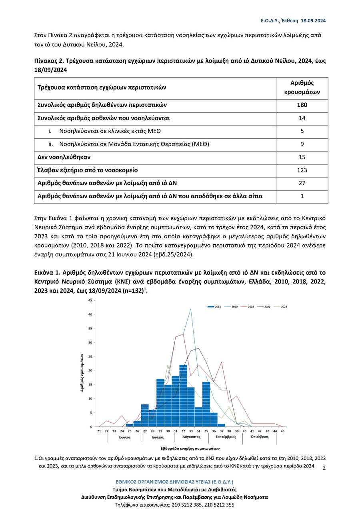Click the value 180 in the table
[302, 105]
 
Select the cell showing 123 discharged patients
[302, 170]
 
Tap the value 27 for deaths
[302, 183]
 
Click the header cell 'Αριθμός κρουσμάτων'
[302, 88]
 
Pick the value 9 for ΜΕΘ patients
[302, 144]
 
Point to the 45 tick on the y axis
[90, 300]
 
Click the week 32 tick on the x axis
[183, 431]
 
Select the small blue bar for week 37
[221, 425]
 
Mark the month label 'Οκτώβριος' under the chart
[259, 437]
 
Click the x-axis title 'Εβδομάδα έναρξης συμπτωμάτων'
[190, 449]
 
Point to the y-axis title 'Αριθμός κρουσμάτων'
[82, 372]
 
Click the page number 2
[324, 468]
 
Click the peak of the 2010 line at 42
[191, 309]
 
